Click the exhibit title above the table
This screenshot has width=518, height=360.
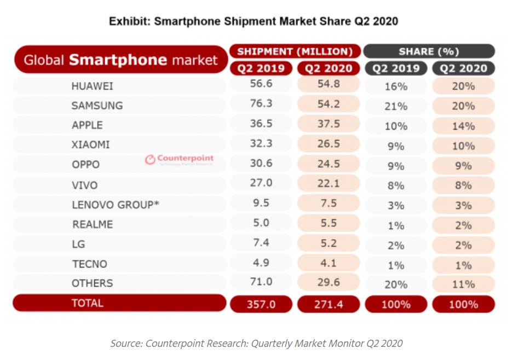[253, 21]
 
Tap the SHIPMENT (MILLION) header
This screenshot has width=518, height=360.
[295, 51]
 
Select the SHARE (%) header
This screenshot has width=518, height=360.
[429, 51]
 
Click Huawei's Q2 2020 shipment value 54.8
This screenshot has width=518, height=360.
[328, 85]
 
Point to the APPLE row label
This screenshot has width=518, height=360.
[87, 125]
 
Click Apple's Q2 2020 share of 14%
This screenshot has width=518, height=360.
[463, 126]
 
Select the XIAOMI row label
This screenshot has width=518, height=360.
[90, 145]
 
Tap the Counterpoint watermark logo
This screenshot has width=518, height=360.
[179, 160]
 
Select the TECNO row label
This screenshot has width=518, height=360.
[89, 264]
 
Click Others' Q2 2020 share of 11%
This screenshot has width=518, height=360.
[463, 284]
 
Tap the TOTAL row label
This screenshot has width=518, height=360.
[87, 303]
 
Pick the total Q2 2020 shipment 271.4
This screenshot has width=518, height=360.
[328, 304]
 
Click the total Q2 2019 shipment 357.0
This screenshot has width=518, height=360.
[261, 304]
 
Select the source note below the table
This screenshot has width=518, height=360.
[256, 344]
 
